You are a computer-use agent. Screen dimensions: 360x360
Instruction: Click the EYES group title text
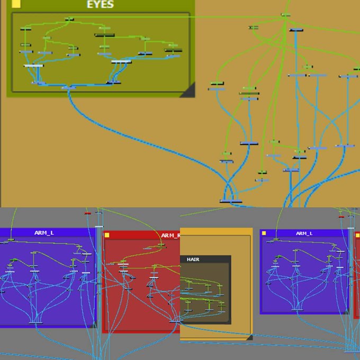pyautogui.click(x=100, y=5)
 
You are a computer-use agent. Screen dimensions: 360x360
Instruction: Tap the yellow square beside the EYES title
pyautogui.click(x=16, y=4)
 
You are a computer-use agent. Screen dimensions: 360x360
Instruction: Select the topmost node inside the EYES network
pyautogui.click(x=69, y=19)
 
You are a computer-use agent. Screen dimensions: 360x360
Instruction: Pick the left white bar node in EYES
pyautogui.click(x=33, y=66)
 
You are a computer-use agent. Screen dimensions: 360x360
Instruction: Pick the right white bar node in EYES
pyautogui.click(x=121, y=62)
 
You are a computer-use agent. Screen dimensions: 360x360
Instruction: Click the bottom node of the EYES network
pyautogui.click(x=65, y=87)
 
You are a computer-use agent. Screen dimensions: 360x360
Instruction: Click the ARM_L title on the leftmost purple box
pyautogui.click(x=44, y=232)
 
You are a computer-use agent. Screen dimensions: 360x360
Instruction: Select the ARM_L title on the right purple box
pyautogui.click(x=304, y=233)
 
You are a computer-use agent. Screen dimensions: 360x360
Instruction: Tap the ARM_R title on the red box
pyautogui.click(x=170, y=235)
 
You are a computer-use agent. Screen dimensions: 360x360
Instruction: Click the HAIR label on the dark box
pyautogui.click(x=192, y=259)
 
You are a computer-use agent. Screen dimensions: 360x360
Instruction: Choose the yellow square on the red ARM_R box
pyautogui.click(x=107, y=235)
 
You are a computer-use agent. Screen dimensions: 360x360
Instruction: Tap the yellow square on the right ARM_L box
pyautogui.click(x=264, y=233)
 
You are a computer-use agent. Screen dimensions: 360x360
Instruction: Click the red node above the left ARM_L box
pyautogui.click(x=88, y=213)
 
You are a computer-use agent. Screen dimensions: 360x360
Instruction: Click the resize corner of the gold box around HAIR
pyautogui.click(x=249, y=337)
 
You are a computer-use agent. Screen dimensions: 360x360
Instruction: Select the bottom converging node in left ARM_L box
pyautogui.click(x=36, y=322)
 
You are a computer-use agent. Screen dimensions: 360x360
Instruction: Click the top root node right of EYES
pyautogui.click(x=286, y=15)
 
